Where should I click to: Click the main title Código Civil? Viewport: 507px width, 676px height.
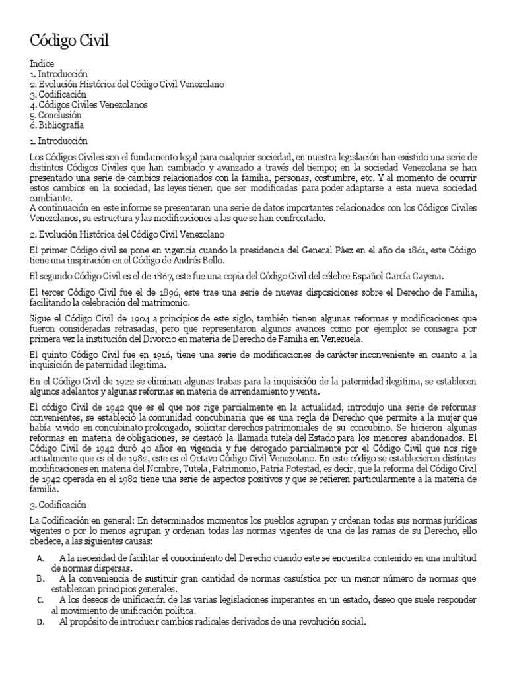tap(69, 41)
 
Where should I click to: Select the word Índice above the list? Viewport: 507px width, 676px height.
tap(39, 65)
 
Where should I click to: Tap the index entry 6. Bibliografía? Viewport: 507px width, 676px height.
tap(57, 124)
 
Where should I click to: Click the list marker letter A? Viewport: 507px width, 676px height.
tap(40, 558)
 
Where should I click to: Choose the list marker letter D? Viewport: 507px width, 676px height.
tap(40, 622)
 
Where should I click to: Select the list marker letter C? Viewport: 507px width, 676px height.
tap(40, 600)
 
